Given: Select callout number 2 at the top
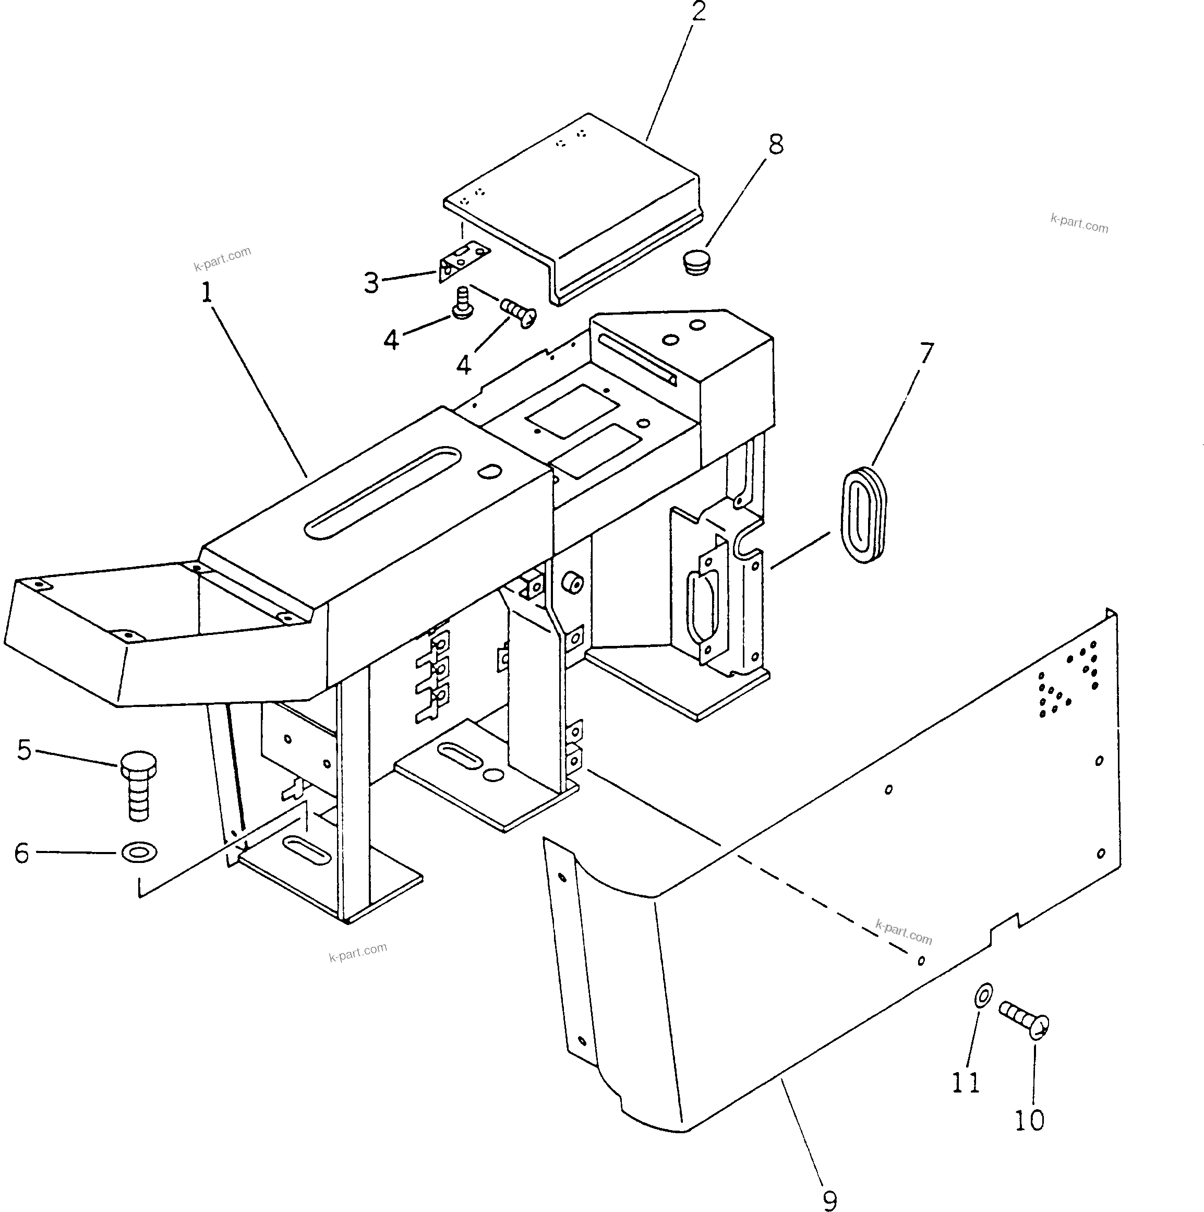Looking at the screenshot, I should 699,11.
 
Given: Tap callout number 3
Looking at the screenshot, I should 372,283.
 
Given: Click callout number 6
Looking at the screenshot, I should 22,853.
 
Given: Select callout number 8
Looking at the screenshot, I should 776,145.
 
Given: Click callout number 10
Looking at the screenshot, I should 1029,1120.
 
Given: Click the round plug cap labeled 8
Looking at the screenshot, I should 696,262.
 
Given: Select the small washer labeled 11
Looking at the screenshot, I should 984,994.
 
